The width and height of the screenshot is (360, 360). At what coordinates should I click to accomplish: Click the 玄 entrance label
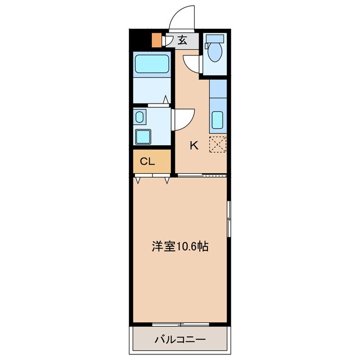(x=183, y=39)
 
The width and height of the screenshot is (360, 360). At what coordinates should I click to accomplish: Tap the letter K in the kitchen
(x=193, y=145)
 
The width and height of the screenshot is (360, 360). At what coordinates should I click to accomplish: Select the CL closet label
(x=147, y=161)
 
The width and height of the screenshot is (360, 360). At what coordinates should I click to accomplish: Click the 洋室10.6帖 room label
(x=180, y=246)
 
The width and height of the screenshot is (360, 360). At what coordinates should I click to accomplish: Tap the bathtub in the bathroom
(x=152, y=64)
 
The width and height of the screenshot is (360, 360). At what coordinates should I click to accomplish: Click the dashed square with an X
(x=218, y=144)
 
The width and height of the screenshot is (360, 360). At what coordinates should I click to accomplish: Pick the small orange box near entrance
(x=156, y=41)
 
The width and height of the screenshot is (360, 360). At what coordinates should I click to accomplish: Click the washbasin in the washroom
(x=139, y=118)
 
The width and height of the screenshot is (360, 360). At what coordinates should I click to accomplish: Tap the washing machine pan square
(x=142, y=137)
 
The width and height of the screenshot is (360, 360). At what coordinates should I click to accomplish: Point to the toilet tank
(x=213, y=39)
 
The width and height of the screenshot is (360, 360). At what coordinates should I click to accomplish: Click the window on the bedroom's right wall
(x=228, y=218)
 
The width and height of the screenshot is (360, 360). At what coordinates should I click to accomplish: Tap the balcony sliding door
(x=180, y=324)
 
